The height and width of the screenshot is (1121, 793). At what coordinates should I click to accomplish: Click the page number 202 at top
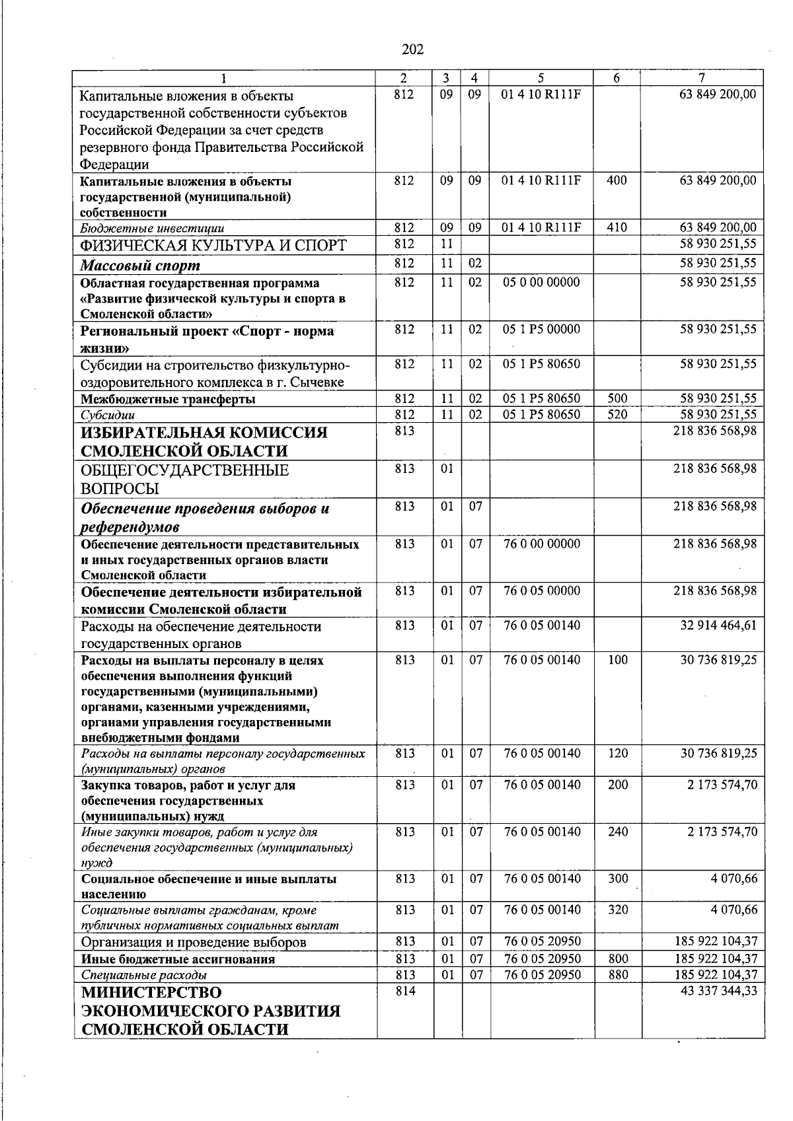click(412, 50)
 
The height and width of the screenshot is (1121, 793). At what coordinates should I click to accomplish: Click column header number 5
click(541, 78)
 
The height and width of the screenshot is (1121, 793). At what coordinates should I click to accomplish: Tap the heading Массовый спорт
click(140, 266)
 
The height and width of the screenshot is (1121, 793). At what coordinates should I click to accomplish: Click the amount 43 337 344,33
click(718, 991)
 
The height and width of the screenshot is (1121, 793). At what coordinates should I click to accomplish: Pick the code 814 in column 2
click(404, 991)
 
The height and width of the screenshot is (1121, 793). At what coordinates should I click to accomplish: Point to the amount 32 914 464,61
click(718, 626)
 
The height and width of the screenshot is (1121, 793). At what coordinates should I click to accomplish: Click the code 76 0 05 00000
click(542, 591)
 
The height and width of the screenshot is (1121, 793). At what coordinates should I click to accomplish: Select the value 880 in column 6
click(617, 974)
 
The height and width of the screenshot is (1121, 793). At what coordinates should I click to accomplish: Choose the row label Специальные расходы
click(143, 975)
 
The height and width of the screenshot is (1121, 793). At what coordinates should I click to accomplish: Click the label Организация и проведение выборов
click(193, 942)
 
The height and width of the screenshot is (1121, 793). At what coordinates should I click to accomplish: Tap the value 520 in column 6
click(617, 415)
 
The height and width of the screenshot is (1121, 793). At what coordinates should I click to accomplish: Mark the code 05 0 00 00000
click(541, 283)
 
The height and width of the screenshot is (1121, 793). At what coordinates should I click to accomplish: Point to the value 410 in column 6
click(617, 228)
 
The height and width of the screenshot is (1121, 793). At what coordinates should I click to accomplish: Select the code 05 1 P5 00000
click(541, 329)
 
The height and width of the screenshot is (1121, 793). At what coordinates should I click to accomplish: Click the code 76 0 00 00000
click(542, 544)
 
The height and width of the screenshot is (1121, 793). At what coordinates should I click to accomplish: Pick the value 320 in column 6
click(617, 910)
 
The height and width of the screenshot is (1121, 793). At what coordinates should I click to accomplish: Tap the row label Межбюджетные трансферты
click(168, 399)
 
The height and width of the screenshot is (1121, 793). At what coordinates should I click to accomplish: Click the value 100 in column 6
click(617, 659)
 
